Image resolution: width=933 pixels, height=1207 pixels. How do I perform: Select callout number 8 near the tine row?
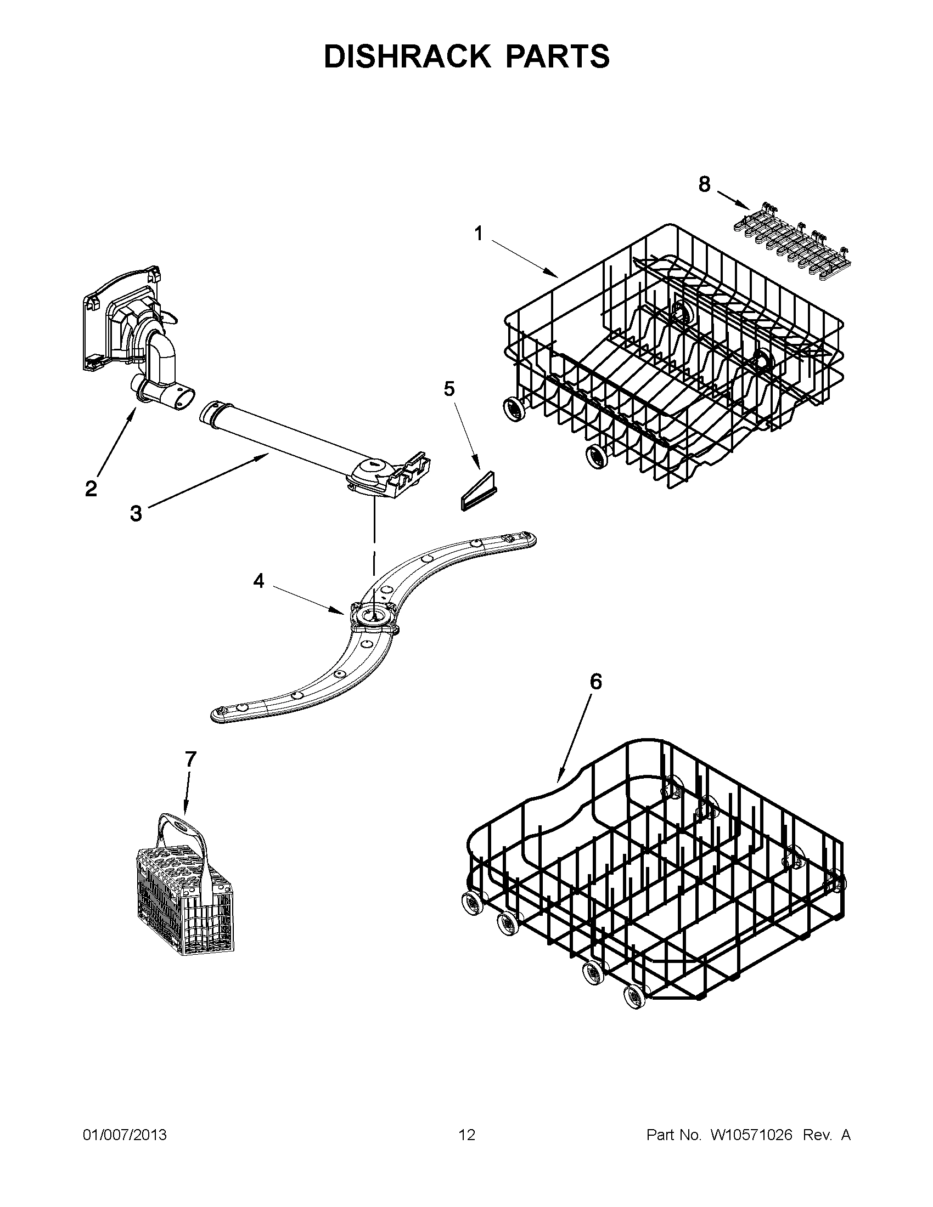(704, 184)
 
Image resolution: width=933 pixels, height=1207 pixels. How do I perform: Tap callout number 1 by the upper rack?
(479, 234)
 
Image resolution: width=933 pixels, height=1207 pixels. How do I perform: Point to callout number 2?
(91, 488)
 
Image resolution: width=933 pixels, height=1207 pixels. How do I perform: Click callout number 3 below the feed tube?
(136, 513)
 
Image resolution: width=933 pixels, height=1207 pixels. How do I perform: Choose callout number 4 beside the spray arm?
(259, 581)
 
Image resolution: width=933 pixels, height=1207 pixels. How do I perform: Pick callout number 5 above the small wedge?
(449, 389)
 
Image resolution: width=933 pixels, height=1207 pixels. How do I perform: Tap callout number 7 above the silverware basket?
(190, 760)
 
